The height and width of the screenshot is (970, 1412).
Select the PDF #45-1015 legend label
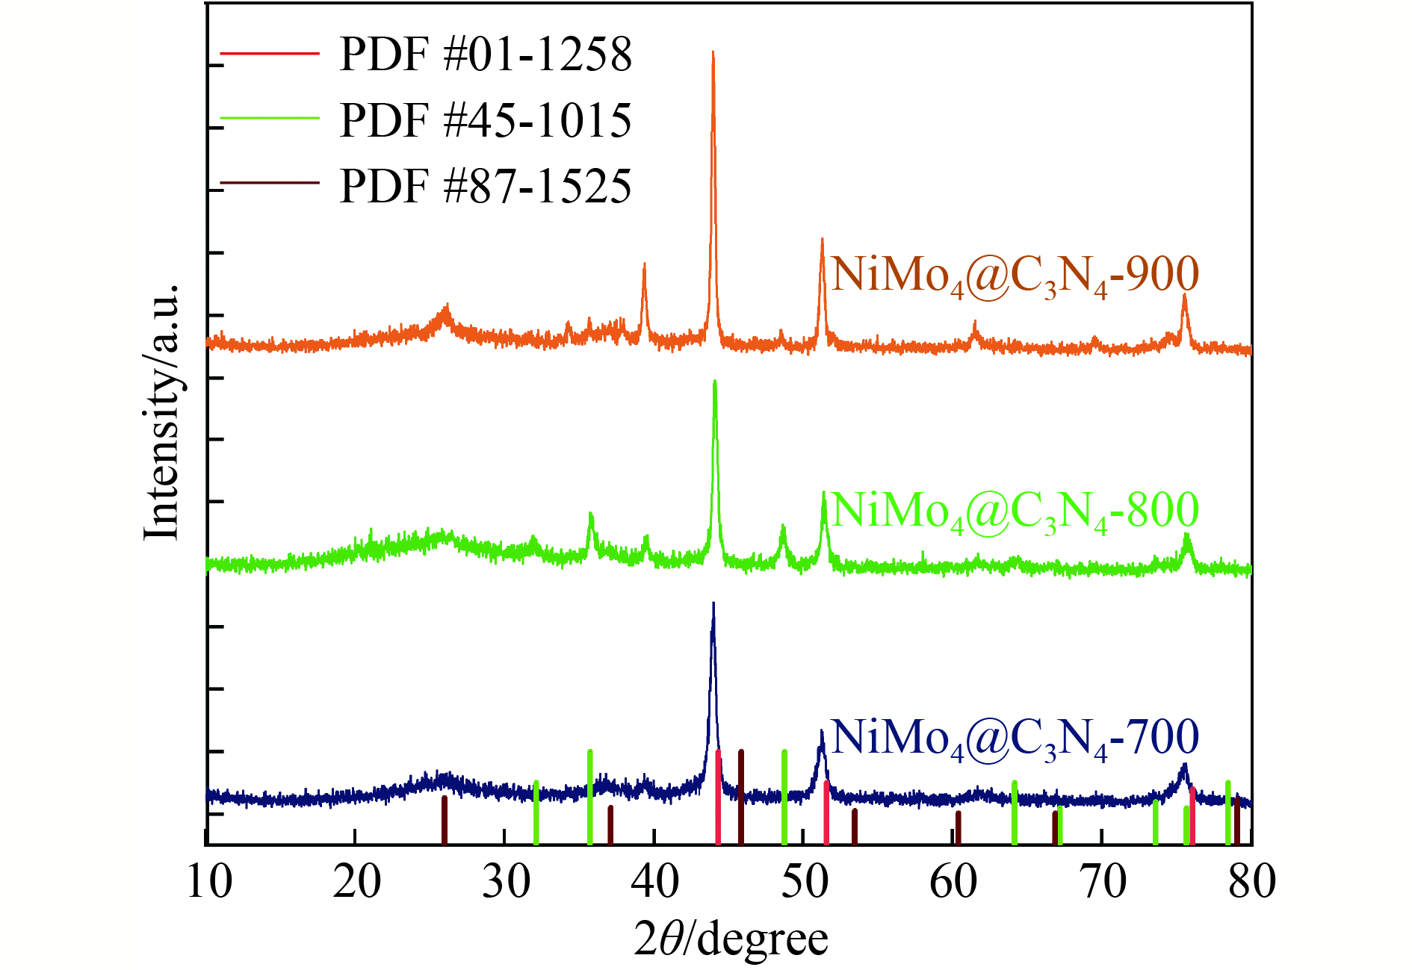pos(486,120)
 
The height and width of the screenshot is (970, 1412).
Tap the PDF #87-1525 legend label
pos(486,186)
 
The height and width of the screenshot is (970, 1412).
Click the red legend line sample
pos(270,54)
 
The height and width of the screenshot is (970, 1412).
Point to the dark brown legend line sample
pos(270,184)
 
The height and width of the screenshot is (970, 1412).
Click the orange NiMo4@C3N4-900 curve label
pos(1015,275)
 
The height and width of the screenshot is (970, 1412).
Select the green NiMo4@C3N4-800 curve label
pos(1015,512)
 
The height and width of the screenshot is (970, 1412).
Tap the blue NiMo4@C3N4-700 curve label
pos(1015,738)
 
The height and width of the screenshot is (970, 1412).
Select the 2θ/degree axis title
pos(731,939)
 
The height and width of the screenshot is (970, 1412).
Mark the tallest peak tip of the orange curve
pos(713,52)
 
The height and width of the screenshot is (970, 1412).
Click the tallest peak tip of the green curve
pos(715,382)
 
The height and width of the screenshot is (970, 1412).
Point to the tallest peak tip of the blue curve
pos(713,603)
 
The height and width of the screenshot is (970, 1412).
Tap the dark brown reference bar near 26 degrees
pos(445,820)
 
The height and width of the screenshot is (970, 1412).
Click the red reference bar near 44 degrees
pos(718,797)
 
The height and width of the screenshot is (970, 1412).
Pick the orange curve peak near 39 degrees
pos(644,264)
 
